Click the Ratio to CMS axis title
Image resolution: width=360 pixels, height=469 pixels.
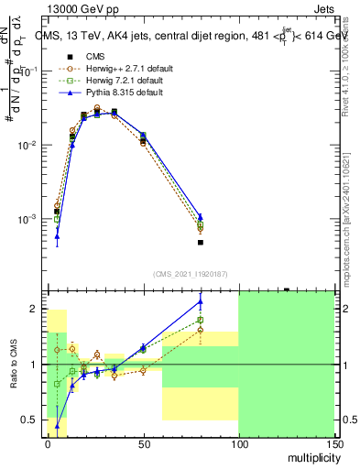[x=14, y=366]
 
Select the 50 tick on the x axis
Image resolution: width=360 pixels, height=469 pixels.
[x=143, y=443]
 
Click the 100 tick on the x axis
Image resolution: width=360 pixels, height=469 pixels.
[x=238, y=443]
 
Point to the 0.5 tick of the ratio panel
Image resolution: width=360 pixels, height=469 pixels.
[x=33, y=420]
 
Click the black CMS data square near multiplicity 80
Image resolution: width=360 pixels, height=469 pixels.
[x=200, y=243]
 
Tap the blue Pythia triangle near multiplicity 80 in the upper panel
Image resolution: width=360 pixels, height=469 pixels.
[x=200, y=217]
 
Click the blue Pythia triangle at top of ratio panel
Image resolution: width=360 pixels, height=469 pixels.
[x=200, y=301]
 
